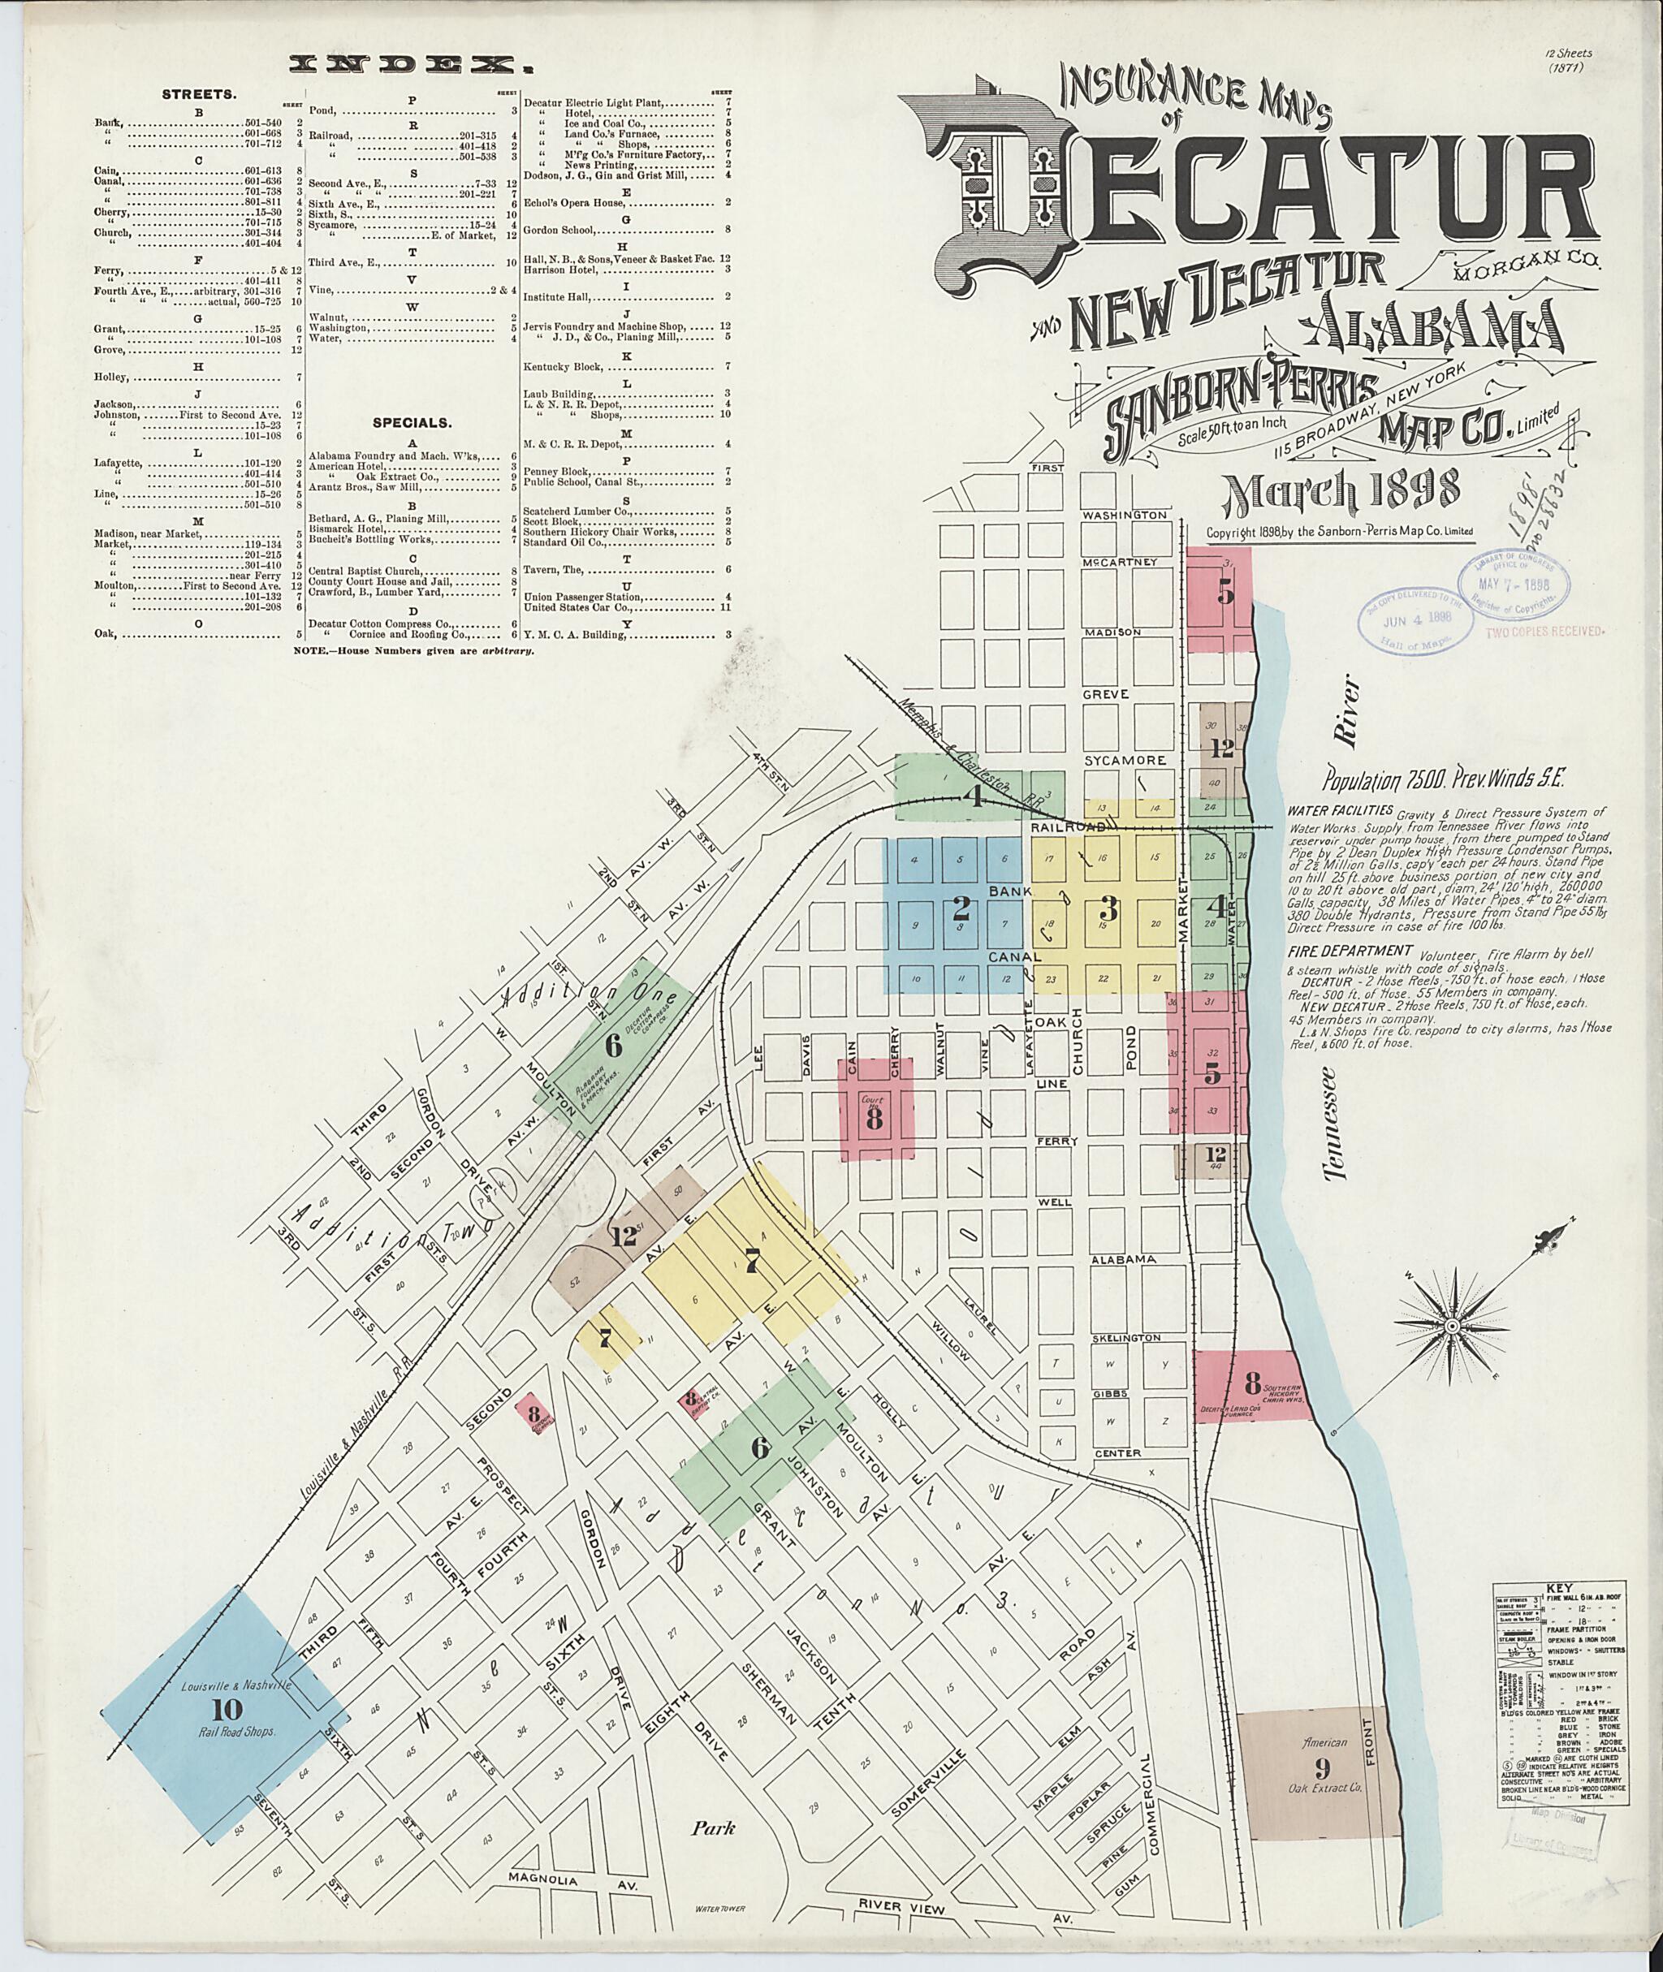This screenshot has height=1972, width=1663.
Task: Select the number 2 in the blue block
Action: tap(961, 909)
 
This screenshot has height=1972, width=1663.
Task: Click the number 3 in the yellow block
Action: tap(1108, 909)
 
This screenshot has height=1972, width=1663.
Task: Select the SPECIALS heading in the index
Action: tap(411, 423)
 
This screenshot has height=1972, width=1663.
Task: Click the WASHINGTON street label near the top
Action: tap(1125, 516)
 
